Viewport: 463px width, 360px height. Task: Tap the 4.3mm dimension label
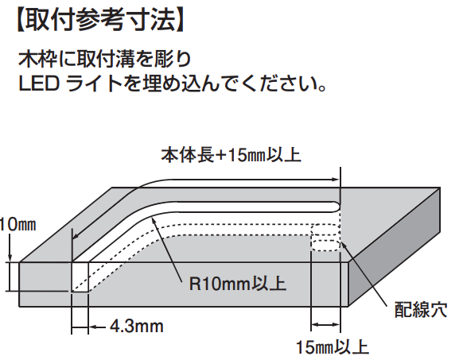tap(137, 327)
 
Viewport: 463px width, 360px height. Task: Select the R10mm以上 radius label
tap(238, 284)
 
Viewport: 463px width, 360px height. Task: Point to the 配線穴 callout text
tap(421, 310)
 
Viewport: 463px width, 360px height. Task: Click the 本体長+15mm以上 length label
tap(231, 155)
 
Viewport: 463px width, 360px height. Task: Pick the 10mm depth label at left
tap(18, 225)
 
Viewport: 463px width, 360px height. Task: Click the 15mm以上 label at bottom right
tap(333, 347)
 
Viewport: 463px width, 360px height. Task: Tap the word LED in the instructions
tap(39, 83)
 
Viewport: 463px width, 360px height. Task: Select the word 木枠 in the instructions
tap(37, 59)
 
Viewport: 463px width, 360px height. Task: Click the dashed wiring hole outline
tap(325, 238)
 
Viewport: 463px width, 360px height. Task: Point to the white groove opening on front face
tap(80, 277)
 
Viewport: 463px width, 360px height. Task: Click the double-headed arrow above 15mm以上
tap(325, 325)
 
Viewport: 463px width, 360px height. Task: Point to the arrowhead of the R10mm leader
tap(154, 221)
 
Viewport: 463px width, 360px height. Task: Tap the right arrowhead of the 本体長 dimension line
tap(336, 180)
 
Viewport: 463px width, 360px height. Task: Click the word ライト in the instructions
tap(95, 83)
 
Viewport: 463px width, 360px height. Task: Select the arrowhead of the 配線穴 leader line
tap(343, 245)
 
